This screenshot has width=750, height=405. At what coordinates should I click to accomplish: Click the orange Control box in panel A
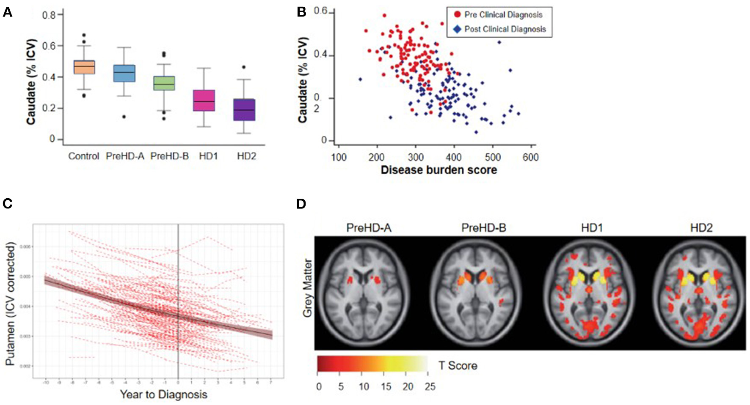coord(84,67)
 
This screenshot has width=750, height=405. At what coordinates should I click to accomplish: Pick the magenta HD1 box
coord(204,101)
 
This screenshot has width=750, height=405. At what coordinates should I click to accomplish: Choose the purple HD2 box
coord(244,109)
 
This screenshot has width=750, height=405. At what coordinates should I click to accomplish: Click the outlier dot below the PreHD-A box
coord(124,117)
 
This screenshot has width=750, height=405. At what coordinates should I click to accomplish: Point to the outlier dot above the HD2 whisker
coord(243,67)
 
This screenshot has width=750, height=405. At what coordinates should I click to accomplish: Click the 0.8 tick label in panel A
coord(49,15)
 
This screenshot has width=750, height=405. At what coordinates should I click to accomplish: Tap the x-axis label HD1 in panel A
coord(208,156)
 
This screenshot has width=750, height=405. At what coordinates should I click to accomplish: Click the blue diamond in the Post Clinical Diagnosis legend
coord(457,29)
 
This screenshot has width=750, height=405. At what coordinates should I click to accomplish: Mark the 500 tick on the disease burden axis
coord(493,157)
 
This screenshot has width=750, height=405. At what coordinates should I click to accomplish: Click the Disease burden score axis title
coord(438,170)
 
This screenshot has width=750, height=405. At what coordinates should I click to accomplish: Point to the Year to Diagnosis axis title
coord(163,394)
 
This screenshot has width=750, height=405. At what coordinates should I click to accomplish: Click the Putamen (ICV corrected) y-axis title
coord(10,304)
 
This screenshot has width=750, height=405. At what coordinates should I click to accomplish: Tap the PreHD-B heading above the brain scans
coord(483,228)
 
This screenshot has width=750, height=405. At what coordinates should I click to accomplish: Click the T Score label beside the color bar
coord(458,365)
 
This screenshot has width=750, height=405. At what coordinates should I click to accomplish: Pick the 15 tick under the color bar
coord(386,386)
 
